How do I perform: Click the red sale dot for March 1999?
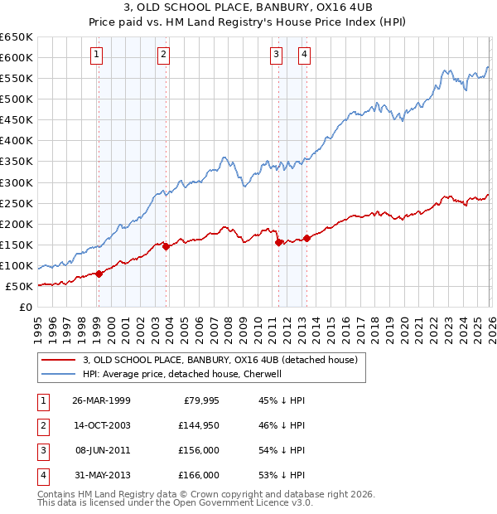tap(99, 274)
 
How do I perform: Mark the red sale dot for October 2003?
tap(166, 246)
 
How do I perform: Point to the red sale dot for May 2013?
tap(306, 238)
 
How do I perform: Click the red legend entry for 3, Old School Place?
tap(220, 360)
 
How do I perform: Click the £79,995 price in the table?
tap(199, 400)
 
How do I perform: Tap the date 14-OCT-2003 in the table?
tap(101, 425)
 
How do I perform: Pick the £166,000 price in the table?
tap(199, 475)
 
